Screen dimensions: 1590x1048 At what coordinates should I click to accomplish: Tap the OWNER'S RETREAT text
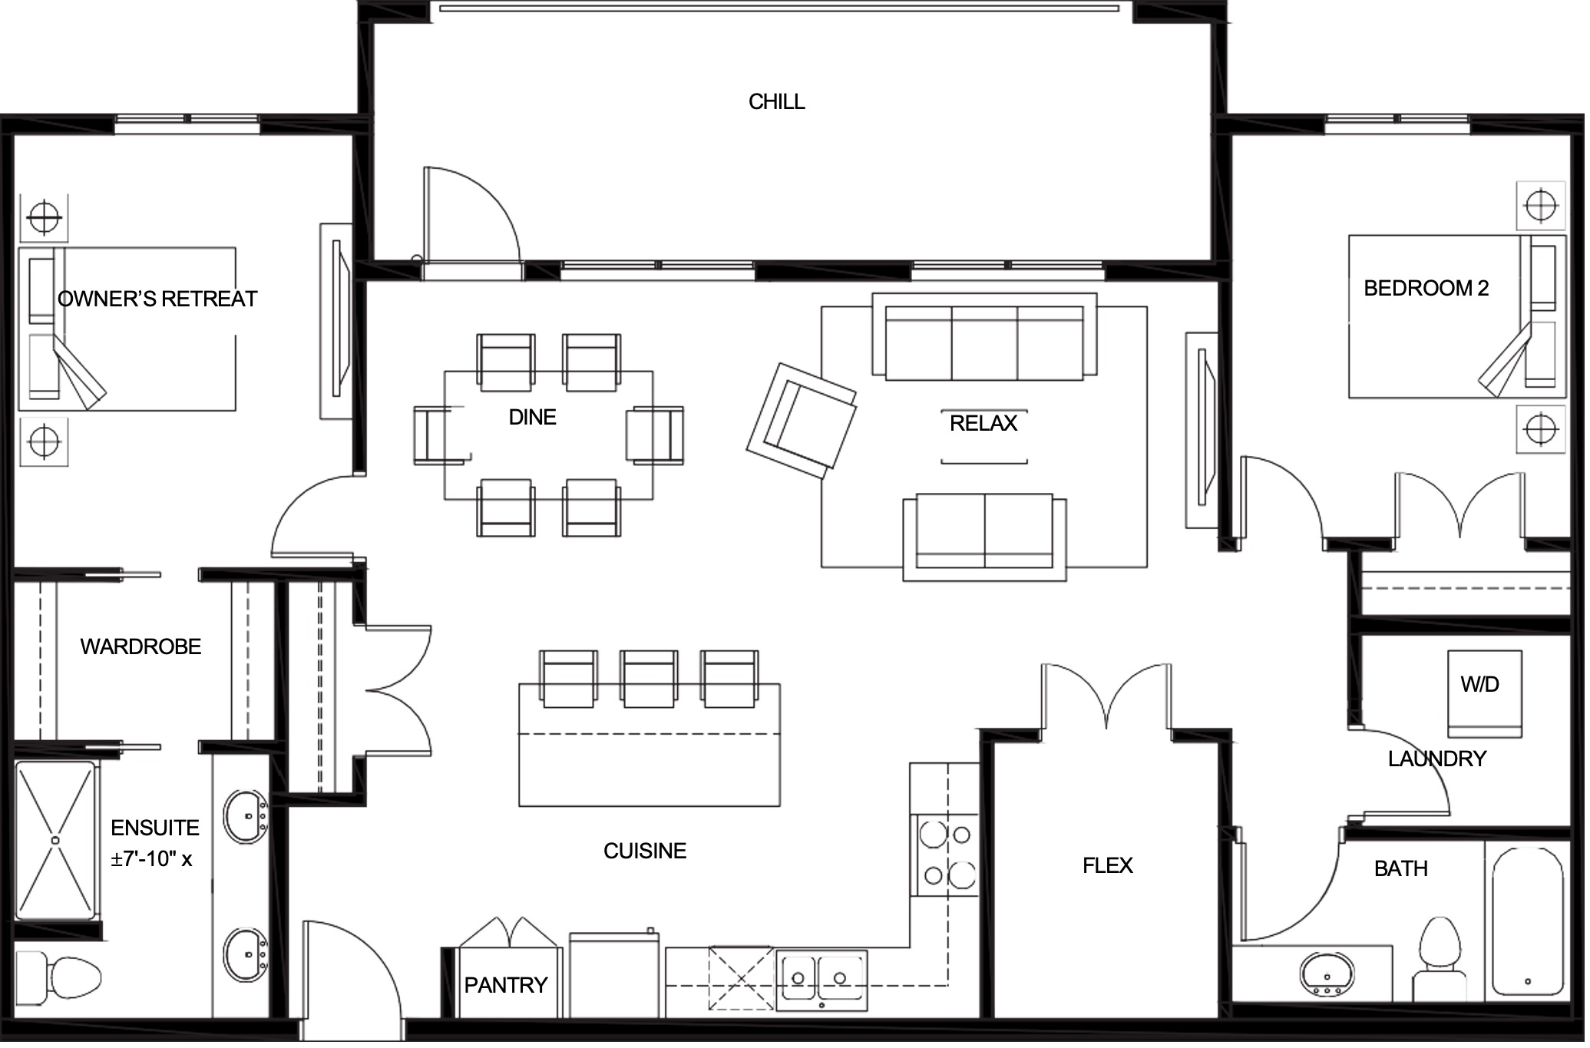click(158, 299)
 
